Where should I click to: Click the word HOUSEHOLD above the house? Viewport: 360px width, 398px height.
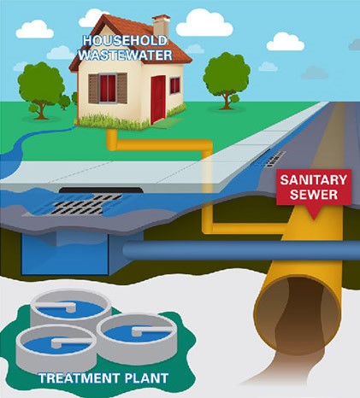125,41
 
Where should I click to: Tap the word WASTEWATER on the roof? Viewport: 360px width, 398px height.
126,55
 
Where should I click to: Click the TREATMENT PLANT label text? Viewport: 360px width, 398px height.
103,378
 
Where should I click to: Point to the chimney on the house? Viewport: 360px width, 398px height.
161,25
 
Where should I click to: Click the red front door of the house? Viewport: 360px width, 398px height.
158,98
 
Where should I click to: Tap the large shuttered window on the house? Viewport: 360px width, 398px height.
108,88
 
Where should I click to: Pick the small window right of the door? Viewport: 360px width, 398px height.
175,85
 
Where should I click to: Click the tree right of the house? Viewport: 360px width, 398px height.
227,80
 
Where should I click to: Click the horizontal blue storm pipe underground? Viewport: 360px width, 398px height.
241,249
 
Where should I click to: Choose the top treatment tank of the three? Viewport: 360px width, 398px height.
71,309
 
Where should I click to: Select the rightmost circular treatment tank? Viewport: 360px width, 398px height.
137,333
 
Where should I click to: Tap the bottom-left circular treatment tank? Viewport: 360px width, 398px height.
56,348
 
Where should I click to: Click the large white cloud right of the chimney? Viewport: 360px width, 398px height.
204,23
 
